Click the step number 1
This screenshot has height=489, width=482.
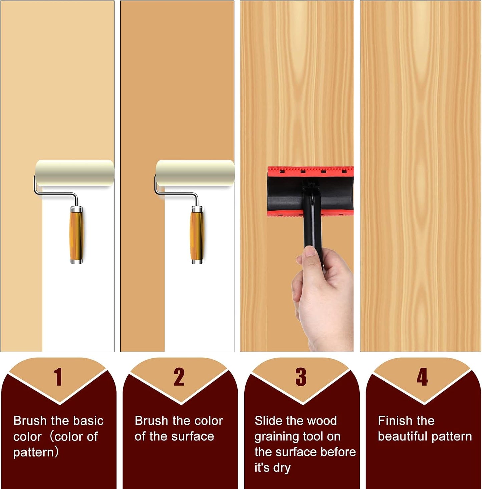click(58, 377)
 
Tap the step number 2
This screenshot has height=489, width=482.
click(179, 377)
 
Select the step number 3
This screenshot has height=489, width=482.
click(301, 377)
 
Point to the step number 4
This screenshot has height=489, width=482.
click(422, 377)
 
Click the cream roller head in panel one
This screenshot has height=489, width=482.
click(75, 173)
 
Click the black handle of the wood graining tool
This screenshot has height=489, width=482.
click(313, 227)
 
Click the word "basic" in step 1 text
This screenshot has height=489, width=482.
click(87, 421)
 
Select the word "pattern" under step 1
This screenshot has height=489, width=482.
click(34, 452)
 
